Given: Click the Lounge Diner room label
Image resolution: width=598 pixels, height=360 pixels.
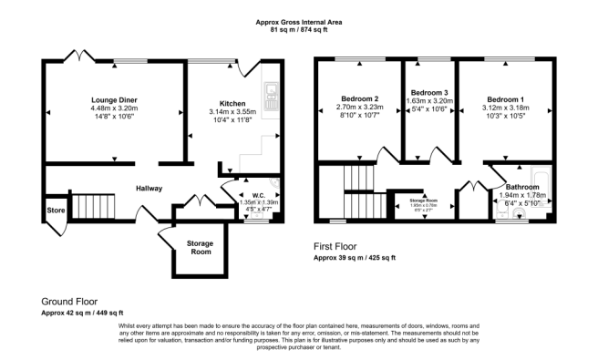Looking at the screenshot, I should coord(113,98).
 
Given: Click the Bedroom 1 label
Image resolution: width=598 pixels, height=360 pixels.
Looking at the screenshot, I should coord(506,98).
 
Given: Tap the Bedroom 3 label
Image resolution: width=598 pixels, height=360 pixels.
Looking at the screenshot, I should coord(428,93).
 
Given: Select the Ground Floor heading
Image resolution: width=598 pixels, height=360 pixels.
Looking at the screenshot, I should coord(69,300).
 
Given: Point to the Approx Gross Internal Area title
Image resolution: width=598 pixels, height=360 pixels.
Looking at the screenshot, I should coord(299,23).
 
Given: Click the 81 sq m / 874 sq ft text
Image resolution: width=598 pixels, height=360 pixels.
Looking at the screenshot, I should coord(299,30).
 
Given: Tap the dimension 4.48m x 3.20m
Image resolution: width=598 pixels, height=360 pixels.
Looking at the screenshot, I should coord(113,108).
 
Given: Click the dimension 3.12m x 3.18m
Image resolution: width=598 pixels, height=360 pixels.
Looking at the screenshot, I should coord(506,107).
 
